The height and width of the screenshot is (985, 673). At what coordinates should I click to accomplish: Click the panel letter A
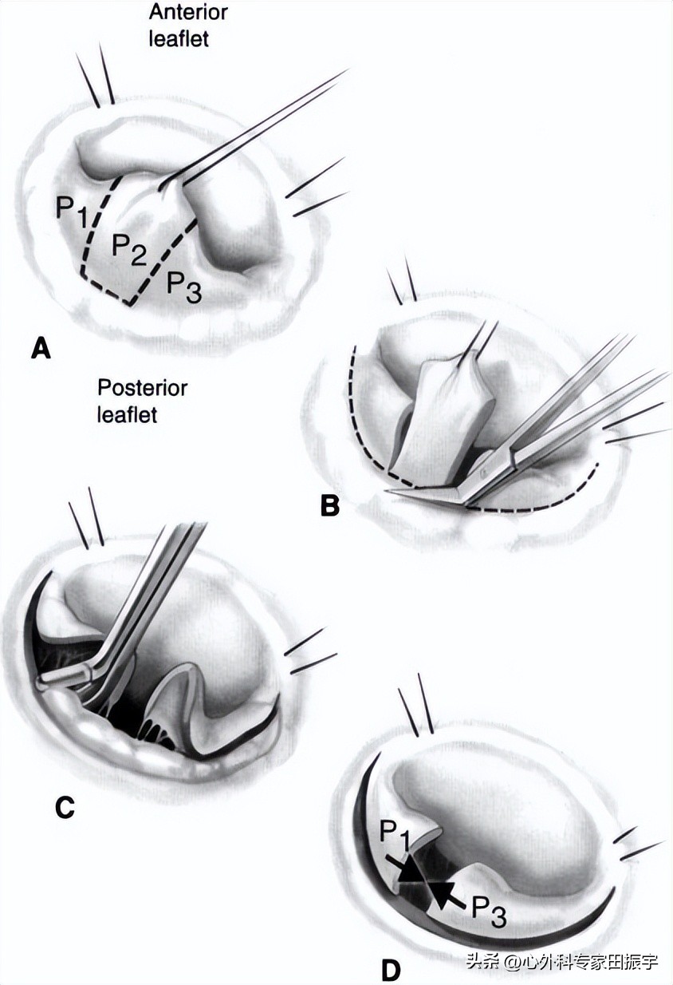click(x=40, y=348)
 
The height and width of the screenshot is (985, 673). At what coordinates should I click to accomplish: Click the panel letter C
click(x=65, y=808)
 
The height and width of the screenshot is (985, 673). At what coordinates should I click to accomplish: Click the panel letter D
click(x=390, y=970)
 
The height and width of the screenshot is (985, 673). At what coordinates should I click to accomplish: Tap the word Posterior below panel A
click(x=142, y=389)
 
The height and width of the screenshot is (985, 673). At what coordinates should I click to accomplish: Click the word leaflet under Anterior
click(x=179, y=38)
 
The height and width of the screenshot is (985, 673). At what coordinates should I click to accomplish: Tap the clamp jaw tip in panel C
click(x=60, y=678)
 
